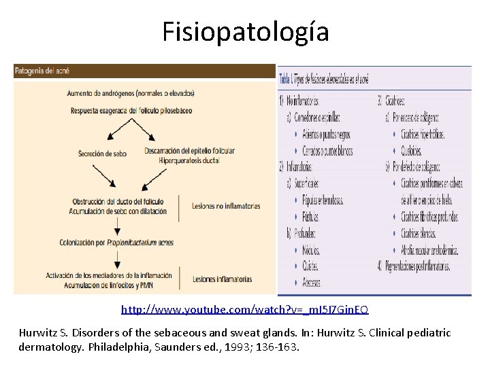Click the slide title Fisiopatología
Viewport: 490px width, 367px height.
[x=245, y=32]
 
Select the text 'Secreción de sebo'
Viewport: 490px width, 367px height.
[x=102, y=154]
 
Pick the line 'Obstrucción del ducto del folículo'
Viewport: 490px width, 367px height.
[x=116, y=201]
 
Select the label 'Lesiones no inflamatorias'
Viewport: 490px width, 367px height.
[x=226, y=205]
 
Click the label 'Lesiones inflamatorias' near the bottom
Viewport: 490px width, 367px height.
[x=222, y=279]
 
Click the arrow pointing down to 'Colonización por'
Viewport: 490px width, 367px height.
[x=118, y=223]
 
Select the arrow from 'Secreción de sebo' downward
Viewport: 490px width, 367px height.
[x=103, y=175]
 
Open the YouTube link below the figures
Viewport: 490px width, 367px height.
[x=245, y=310]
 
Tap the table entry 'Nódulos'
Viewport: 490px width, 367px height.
[x=311, y=250]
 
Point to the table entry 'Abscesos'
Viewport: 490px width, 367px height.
[x=312, y=282]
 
